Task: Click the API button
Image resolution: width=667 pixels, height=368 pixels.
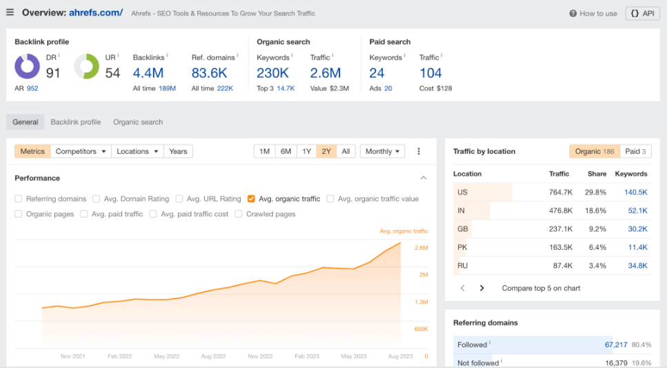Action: tap(642, 13)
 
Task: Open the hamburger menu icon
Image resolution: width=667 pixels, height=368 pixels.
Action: tap(10, 12)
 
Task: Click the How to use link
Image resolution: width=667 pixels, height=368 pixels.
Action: tap(593, 13)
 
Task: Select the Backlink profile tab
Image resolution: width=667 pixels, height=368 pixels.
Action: tap(75, 122)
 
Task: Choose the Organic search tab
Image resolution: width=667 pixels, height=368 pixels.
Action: tap(138, 122)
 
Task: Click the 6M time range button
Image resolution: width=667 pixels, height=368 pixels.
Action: tap(285, 151)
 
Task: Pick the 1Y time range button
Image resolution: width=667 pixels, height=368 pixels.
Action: tap(306, 151)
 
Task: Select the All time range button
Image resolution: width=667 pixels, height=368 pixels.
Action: tap(346, 151)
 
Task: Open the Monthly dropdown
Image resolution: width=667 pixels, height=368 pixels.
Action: tap(382, 151)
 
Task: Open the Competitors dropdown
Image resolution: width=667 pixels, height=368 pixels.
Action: tap(81, 151)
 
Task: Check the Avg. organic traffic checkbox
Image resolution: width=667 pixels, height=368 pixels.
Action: tap(252, 199)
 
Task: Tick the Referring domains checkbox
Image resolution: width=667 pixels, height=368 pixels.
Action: tap(19, 199)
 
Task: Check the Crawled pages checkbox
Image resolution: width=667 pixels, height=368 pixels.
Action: tap(239, 214)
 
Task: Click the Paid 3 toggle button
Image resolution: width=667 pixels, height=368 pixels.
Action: tap(635, 151)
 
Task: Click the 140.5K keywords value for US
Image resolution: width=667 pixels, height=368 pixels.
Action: tap(635, 193)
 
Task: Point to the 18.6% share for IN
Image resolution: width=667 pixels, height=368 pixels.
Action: tap(596, 211)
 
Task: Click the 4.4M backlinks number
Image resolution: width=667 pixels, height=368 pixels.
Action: tap(148, 72)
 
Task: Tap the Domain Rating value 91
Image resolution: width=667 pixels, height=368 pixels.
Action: tap(53, 72)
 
